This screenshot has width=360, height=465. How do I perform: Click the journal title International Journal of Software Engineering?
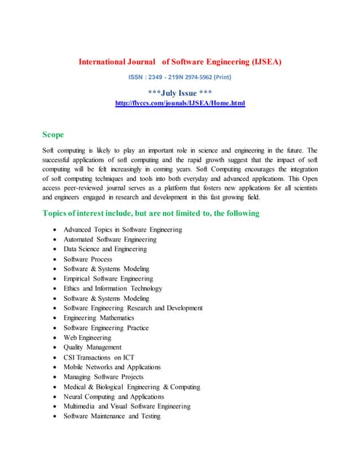(180, 62)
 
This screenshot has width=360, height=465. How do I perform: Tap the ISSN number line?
(180, 78)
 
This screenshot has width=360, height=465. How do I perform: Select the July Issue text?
(180, 93)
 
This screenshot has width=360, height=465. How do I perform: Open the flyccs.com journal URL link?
(180, 104)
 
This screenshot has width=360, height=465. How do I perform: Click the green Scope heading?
(53, 134)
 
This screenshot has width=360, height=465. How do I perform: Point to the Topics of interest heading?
(151, 213)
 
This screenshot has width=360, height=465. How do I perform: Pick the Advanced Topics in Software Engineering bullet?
(122, 230)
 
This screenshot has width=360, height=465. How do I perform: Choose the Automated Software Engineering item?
(109, 239)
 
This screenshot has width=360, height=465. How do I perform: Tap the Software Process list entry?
(87, 259)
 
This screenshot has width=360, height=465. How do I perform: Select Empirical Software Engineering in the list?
(108, 278)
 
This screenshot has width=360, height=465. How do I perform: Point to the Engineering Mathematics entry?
(98, 318)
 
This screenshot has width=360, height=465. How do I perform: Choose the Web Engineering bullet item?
(87, 337)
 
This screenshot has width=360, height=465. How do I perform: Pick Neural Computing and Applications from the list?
(113, 397)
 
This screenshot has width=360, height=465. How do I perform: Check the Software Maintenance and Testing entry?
(111, 416)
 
